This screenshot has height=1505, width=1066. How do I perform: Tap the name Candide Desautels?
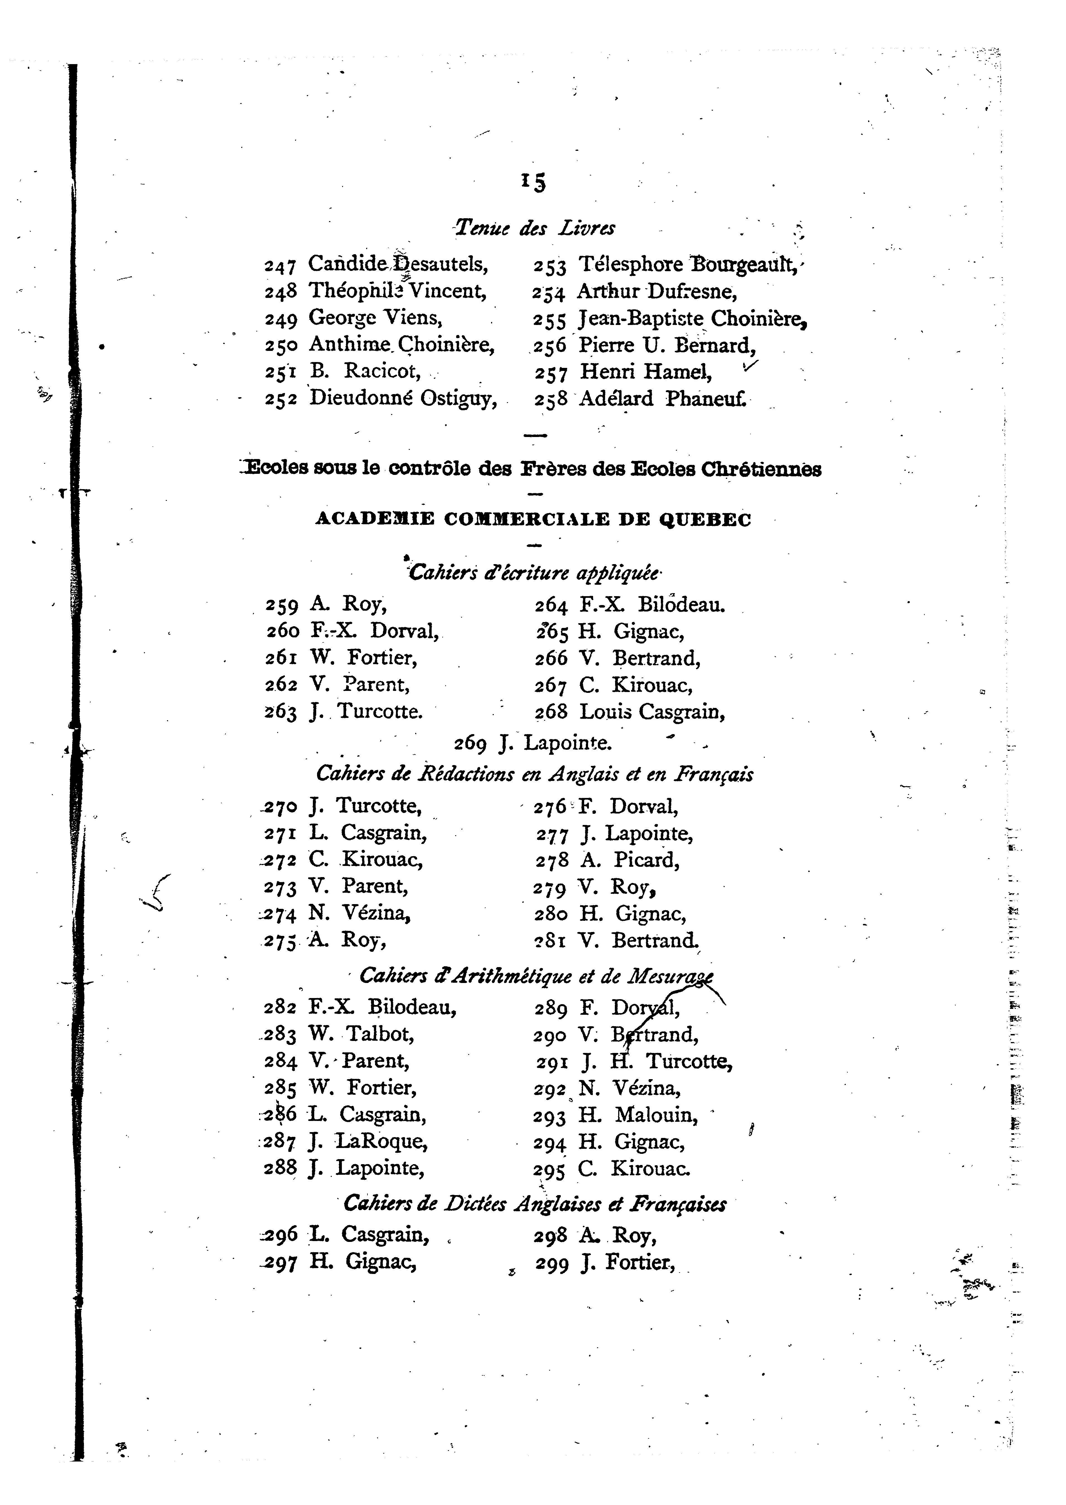[398, 264]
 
